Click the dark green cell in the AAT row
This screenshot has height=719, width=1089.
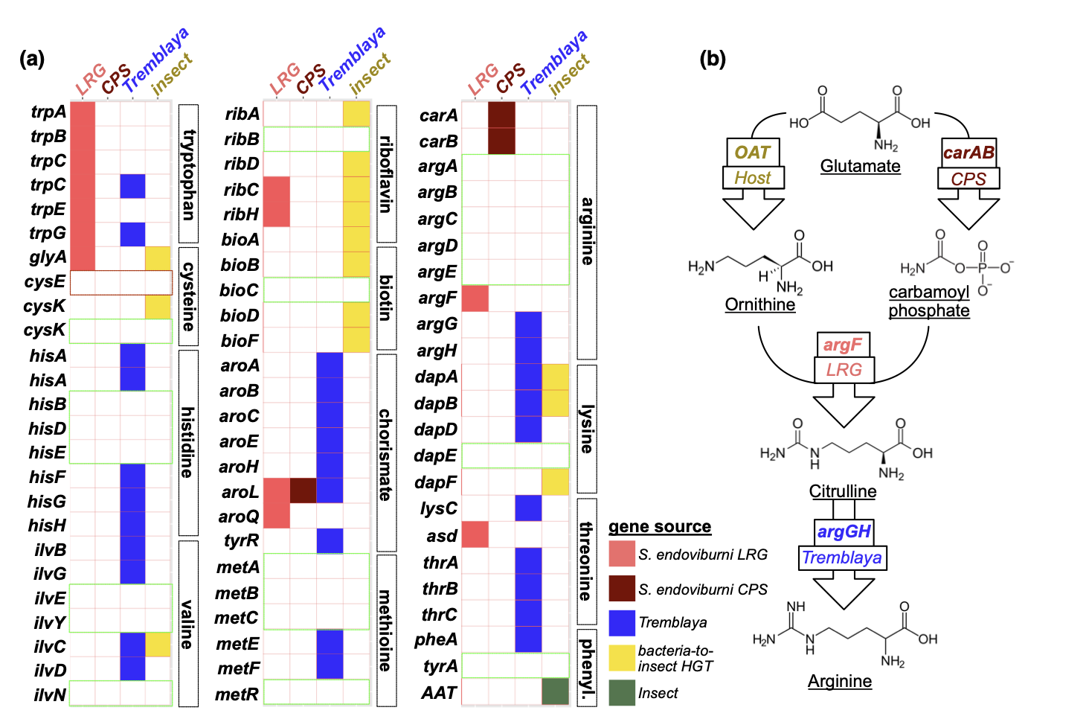point(555,691)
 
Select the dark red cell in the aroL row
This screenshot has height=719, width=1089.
point(303,490)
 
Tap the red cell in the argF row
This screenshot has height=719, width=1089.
point(475,298)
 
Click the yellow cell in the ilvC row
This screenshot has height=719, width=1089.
point(158,644)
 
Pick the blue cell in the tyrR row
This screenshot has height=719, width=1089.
point(330,540)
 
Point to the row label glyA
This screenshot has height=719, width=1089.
point(48,258)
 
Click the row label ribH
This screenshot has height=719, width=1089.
point(241,214)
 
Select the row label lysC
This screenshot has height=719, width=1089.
point(439,509)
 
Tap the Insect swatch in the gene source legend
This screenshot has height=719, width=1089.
point(622,693)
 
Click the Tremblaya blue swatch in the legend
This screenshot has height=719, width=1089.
point(622,623)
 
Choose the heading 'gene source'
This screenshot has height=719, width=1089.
point(660,527)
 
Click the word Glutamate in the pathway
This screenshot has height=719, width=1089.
point(860,167)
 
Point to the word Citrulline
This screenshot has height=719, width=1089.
point(843,491)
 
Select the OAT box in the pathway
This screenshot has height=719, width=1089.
point(752,153)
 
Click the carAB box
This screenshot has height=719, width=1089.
point(968,153)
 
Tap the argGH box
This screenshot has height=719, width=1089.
point(844,531)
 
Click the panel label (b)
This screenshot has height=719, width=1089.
point(713,58)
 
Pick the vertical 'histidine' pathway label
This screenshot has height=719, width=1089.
point(187,442)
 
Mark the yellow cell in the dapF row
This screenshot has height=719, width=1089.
point(555,482)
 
